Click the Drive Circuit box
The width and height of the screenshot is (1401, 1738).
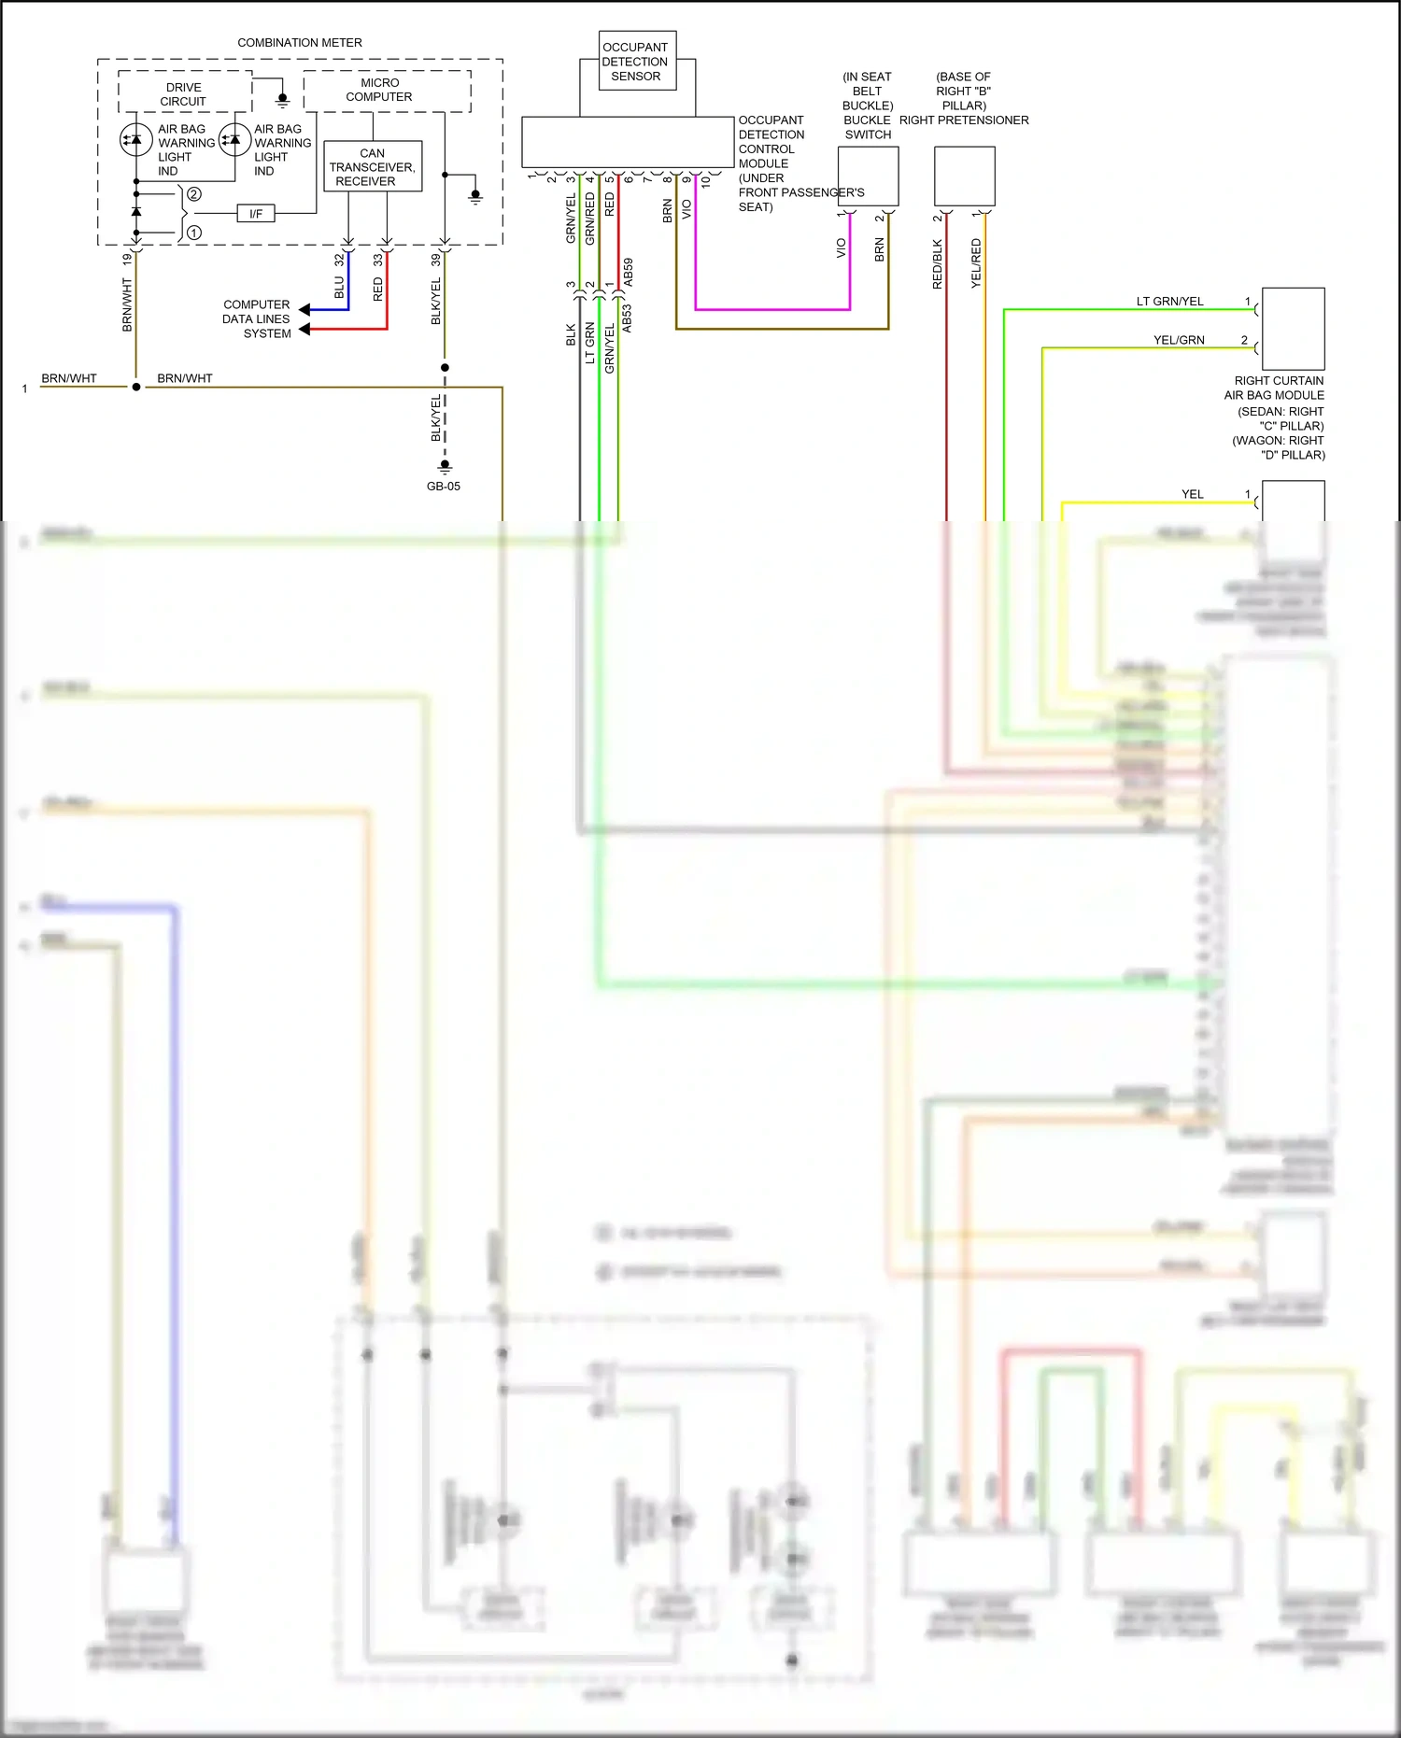(x=184, y=94)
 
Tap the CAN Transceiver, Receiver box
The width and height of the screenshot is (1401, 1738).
(x=372, y=166)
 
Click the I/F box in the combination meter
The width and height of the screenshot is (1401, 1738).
(x=256, y=214)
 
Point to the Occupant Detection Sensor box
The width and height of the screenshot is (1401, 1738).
(x=636, y=62)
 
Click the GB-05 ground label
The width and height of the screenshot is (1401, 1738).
(x=444, y=487)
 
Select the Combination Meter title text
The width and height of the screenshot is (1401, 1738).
(x=299, y=43)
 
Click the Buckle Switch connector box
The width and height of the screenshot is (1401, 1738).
(x=868, y=176)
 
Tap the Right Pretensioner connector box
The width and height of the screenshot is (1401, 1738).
(x=964, y=176)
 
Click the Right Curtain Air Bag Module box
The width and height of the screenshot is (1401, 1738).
(x=1293, y=329)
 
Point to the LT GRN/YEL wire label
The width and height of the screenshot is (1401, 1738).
(x=1169, y=301)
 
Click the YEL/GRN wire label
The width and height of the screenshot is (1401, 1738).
(x=1179, y=340)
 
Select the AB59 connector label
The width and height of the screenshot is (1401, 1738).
(x=629, y=272)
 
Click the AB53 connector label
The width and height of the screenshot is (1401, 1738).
(x=627, y=318)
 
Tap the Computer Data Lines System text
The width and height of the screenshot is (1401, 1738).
(x=257, y=318)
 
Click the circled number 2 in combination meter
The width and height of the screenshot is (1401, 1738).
(x=194, y=194)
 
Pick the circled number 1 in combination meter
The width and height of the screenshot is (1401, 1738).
(x=194, y=233)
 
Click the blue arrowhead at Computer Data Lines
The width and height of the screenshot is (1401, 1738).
(x=304, y=309)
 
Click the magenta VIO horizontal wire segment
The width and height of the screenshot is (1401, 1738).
(x=772, y=309)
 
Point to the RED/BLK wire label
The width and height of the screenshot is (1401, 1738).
(x=937, y=264)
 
